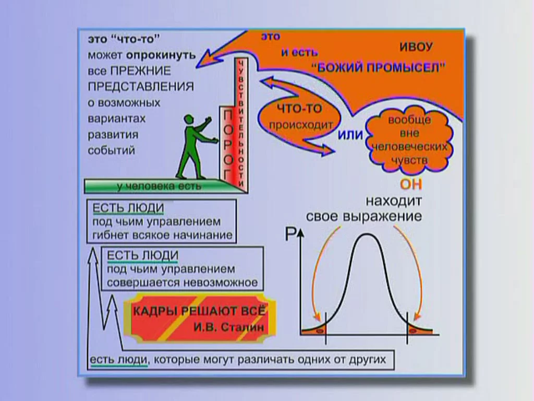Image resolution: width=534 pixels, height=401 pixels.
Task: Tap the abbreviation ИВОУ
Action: [416, 46]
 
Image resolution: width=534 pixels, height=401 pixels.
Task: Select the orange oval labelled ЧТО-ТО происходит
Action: [300, 116]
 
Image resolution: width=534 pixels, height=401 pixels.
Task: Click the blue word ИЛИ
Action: [350, 135]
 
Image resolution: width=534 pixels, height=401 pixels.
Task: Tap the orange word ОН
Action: [411, 184]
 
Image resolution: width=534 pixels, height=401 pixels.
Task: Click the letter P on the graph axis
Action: [290, 234]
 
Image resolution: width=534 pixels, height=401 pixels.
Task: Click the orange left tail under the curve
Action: [315, 330]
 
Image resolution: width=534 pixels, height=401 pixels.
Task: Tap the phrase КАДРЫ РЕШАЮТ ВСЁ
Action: [199, 311]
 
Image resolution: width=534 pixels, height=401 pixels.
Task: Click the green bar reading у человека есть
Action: [159, 186]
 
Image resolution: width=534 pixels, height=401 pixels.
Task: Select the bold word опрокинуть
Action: [161, 55]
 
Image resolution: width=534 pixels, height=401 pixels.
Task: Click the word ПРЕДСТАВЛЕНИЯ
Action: [141, 87]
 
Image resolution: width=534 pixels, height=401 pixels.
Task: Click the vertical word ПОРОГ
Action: [228, 145]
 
